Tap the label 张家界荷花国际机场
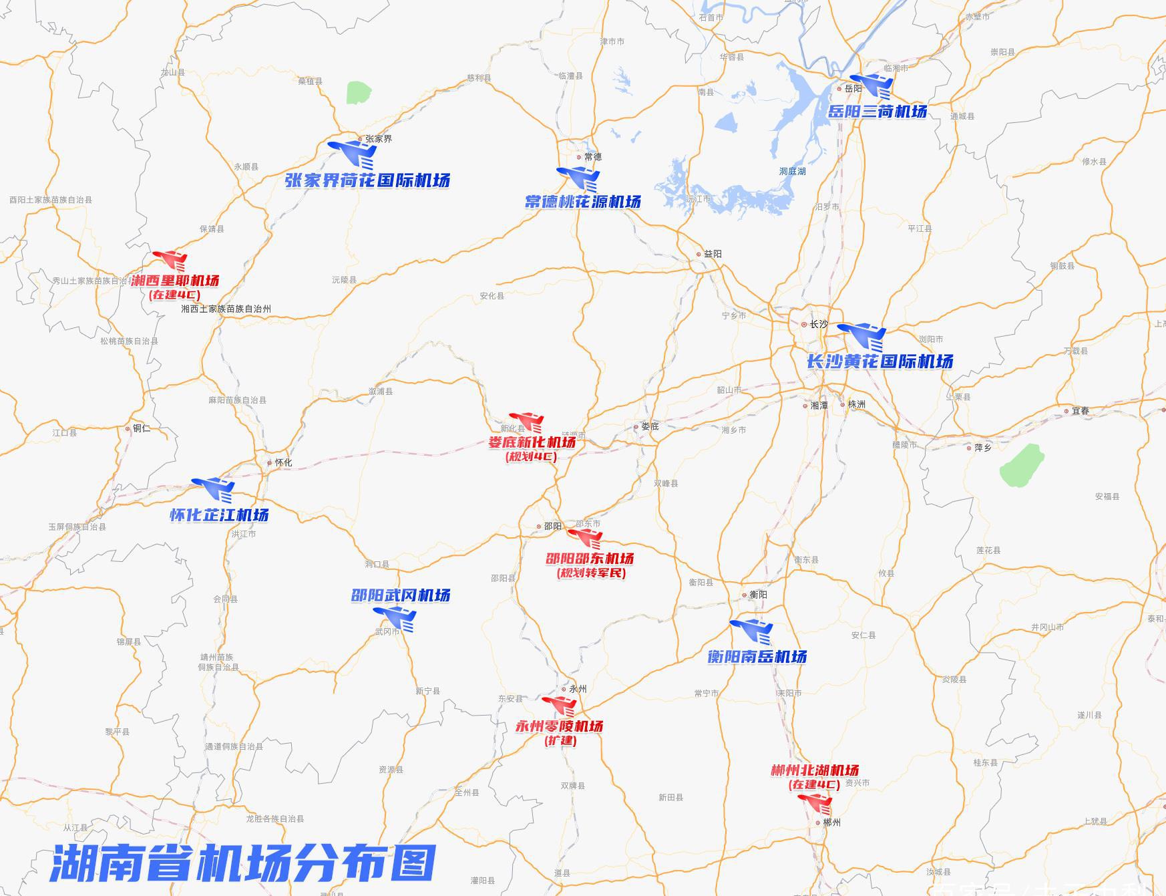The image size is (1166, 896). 367,180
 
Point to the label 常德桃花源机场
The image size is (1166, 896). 582,201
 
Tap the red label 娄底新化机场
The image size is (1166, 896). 532,442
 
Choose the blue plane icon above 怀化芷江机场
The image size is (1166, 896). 214,489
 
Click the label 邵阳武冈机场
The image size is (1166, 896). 401,595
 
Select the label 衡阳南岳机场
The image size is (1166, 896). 757,657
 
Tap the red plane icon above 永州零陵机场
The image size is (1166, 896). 560,706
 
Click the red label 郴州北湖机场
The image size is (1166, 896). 815,770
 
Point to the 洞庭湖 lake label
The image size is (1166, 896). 792,172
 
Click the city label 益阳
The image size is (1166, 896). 713,254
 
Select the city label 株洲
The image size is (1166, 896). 856,404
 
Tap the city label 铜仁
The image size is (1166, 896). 142,428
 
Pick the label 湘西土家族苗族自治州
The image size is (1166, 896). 226,309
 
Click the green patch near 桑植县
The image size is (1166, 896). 359,93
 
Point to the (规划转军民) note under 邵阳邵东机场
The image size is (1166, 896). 591,573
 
